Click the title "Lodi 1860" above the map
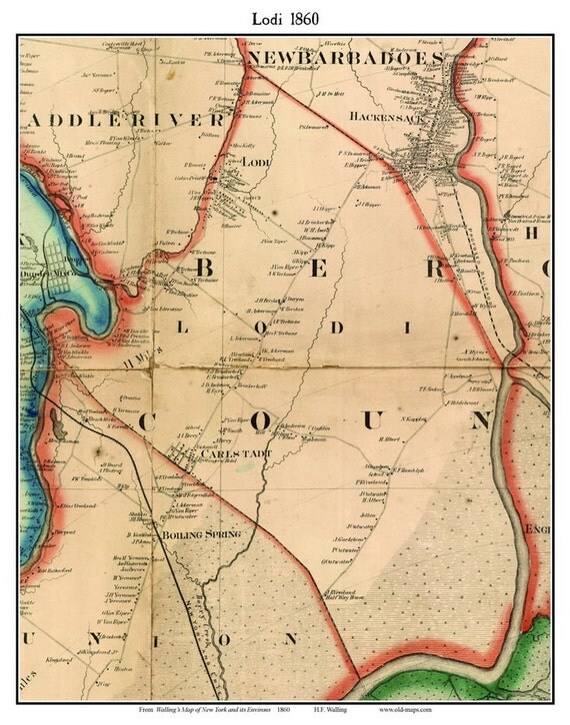[284, 17]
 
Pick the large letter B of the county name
[216, 269]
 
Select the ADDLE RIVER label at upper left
[115, 119]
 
